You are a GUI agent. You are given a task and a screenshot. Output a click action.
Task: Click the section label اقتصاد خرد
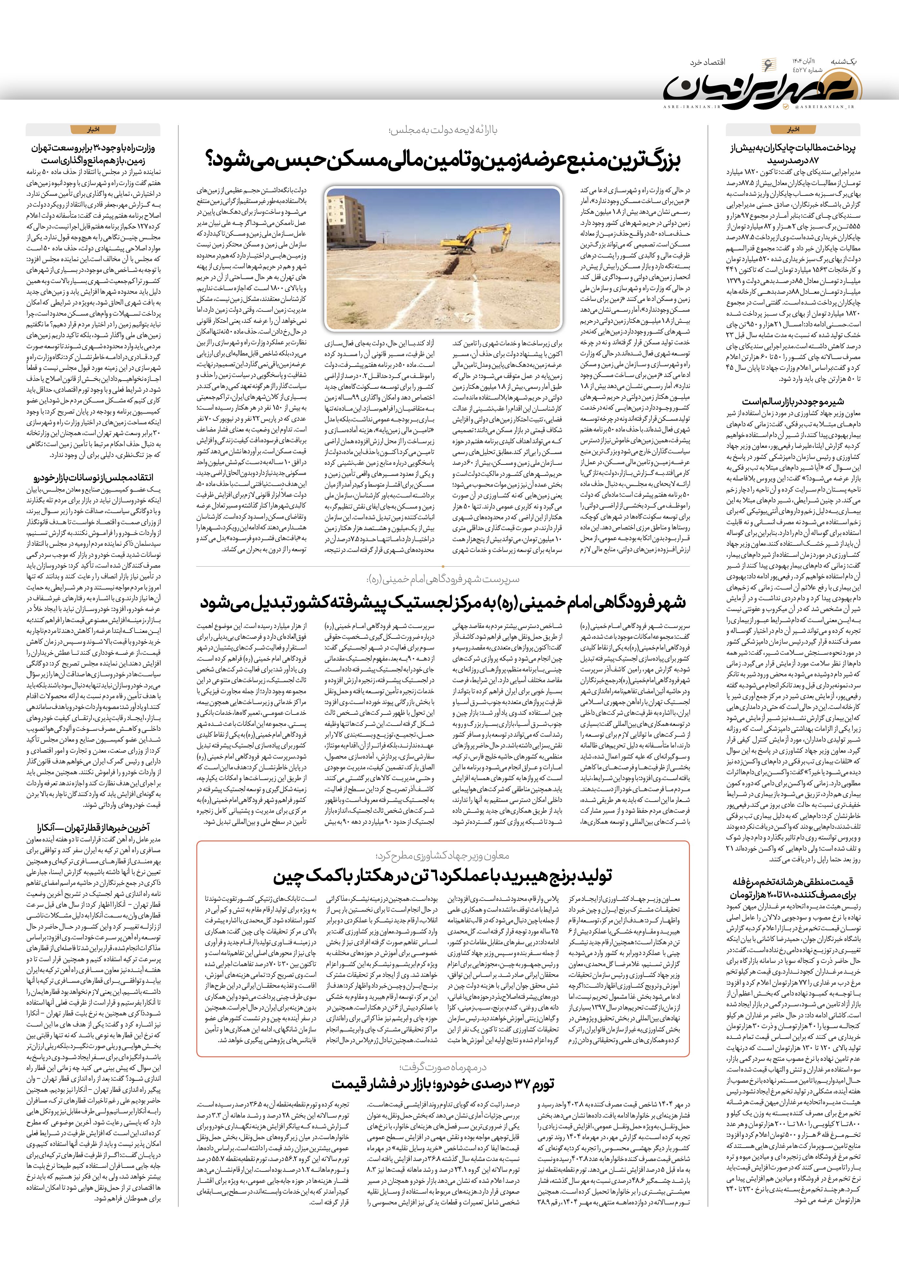coord(707,62)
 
